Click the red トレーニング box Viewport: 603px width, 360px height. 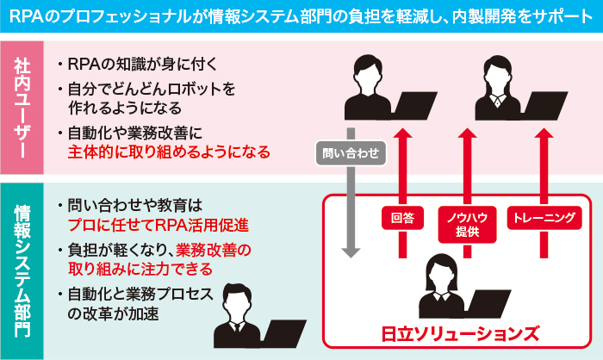[x=543, y=218]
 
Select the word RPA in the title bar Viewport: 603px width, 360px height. [x=26, y=17]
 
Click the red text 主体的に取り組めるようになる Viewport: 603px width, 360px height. [x=169, y=152]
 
